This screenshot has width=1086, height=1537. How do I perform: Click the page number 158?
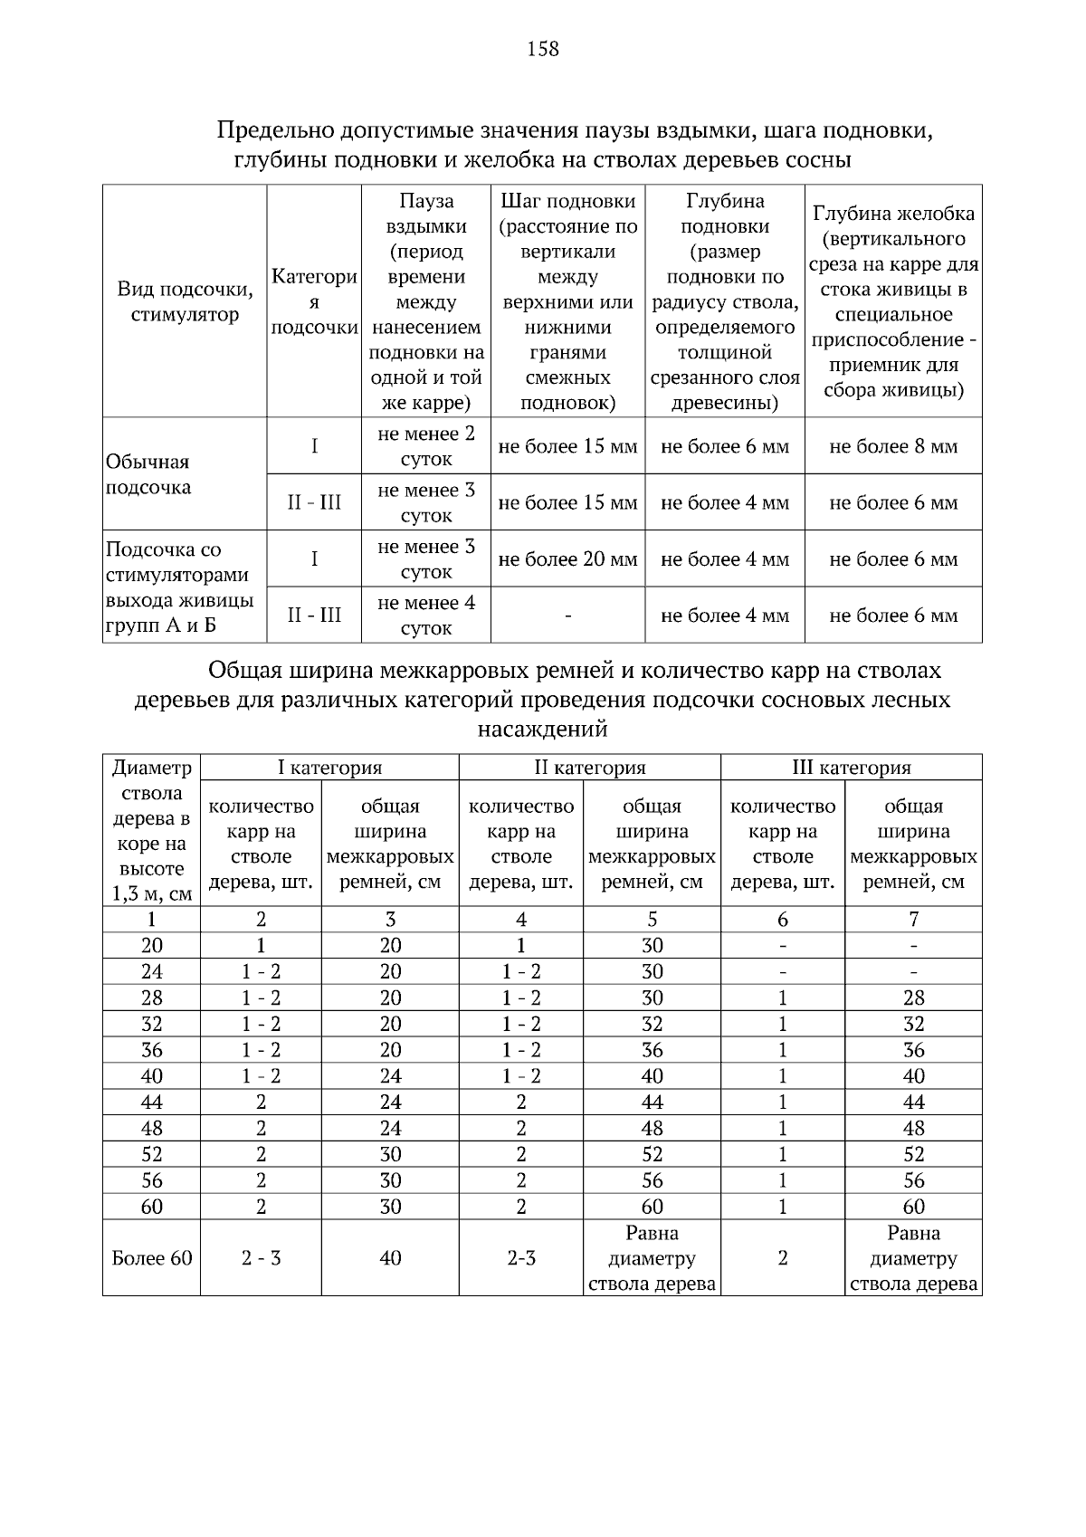tap(543, 49)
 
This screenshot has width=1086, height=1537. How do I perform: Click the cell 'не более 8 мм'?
tap(893, 446)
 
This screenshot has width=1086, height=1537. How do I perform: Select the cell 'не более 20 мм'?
tap(567, 559)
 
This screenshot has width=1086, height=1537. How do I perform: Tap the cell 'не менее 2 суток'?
tap(425, 446)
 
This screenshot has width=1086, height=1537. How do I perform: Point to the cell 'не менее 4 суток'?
tap(425, 615)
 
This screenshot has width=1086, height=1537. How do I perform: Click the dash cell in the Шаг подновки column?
tap(567, 616)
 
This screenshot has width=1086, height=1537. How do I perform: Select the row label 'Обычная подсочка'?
tap(148, 474)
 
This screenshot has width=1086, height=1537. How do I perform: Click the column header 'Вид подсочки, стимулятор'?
tap(185, 302)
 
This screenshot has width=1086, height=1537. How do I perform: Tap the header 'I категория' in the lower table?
tap(329, 768)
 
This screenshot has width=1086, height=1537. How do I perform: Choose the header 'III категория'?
tap(851, 768)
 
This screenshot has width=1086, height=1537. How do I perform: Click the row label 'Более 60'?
tap(152, 1258)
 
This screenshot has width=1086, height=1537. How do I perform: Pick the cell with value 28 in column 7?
tap(914, 998)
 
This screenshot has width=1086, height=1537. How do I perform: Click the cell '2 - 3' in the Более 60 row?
tap(261, 1258)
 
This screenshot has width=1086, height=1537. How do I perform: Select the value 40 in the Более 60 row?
tap(390, 1258)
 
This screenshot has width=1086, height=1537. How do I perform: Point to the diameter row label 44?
tap(152, 1102)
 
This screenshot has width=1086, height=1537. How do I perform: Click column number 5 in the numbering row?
tap(652, 920)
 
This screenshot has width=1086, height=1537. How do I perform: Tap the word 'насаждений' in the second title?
tap(542, 729)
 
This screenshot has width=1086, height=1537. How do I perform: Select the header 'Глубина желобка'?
tap(893, 214)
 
